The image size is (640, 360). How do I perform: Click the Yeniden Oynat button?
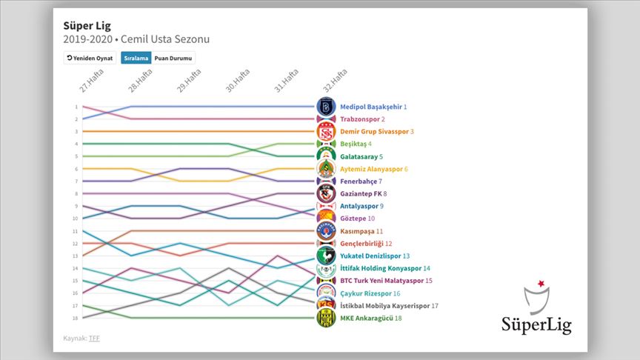(x=90, y=57)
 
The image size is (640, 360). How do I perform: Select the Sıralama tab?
(x=136, y=57)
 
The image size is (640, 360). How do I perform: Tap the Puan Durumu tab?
(x=173, y=57)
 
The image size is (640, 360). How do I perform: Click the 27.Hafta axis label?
(x=90, y=81)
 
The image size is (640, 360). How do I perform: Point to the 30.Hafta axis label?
(x=237, y=81)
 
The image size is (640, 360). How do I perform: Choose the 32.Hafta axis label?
(x=335, y=81)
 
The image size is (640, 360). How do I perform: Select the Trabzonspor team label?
(x=362, y=119)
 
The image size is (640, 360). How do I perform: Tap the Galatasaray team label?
(x=361, y=156)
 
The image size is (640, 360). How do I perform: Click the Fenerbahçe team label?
(x=361, y=181)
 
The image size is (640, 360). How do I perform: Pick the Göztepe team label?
(x=357, y=219)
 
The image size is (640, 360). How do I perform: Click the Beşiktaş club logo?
(x=326, y=144)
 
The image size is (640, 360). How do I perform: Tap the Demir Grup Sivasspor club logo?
(x=326, y=131)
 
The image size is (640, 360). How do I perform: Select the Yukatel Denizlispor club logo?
(x=326, y=256)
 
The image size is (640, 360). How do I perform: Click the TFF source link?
(x=93, y=339)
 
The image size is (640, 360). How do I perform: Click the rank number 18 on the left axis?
(x=76, y=318)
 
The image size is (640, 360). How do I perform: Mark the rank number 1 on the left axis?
(x=76, y=107)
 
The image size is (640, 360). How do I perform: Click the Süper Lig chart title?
(x=87, y=24)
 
